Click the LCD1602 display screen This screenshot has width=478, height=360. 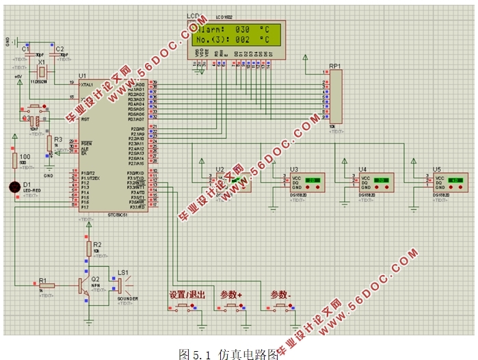coord(232,35)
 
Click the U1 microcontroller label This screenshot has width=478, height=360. coord(83,75)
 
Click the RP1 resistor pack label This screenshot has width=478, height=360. coord(334,66)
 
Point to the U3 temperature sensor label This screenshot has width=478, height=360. coord(294,168)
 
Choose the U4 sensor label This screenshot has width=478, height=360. coord(362,168)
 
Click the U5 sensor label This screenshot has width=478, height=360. coord(436,168)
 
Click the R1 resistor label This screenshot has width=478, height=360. coord(42,280)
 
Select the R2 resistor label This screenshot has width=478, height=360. coord(97,244)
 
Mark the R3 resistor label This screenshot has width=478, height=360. coord(58,139)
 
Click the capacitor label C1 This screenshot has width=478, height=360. coord(25,49)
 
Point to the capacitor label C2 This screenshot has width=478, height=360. coord(59,49)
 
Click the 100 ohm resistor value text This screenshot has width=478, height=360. coord(25,157)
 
